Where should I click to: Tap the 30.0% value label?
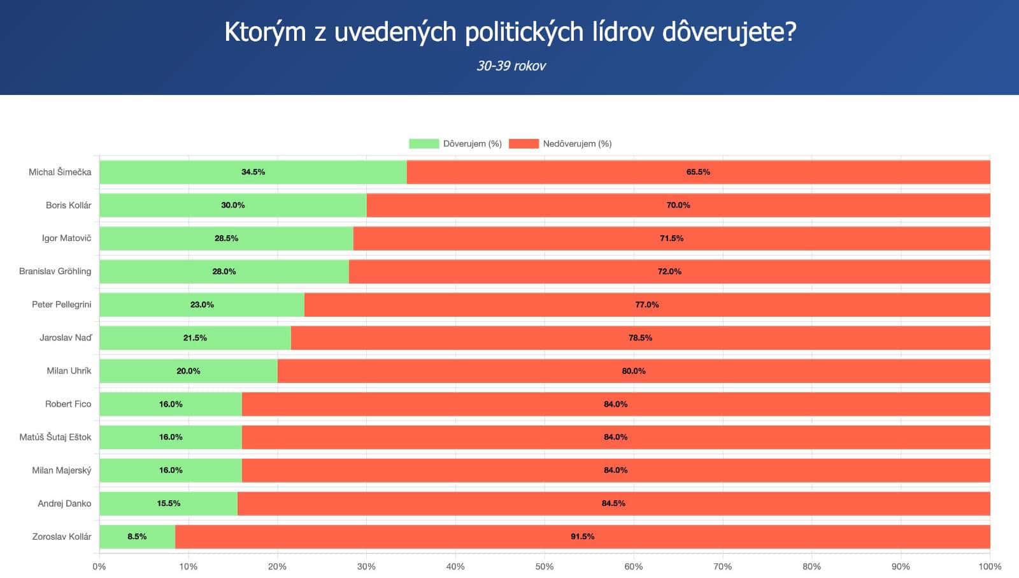(232, 205)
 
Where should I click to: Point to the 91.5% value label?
(582, 537)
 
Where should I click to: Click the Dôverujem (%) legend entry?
(455, 143)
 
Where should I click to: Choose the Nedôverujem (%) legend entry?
(560, 143)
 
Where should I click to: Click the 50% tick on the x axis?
(544, 566)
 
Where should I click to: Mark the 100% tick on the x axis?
(989, 566)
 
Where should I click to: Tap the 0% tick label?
(99, 566)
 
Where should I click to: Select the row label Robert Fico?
(68, 404)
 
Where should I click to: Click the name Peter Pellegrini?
(61, 305)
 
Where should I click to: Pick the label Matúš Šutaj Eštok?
(55, 437)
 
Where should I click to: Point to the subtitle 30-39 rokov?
(511, 66)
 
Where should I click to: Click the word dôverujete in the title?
(729, 32)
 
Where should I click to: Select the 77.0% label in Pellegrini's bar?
(646, 305)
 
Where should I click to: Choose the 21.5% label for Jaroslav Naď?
(195, 338)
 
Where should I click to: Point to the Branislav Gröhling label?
(55, 271)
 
